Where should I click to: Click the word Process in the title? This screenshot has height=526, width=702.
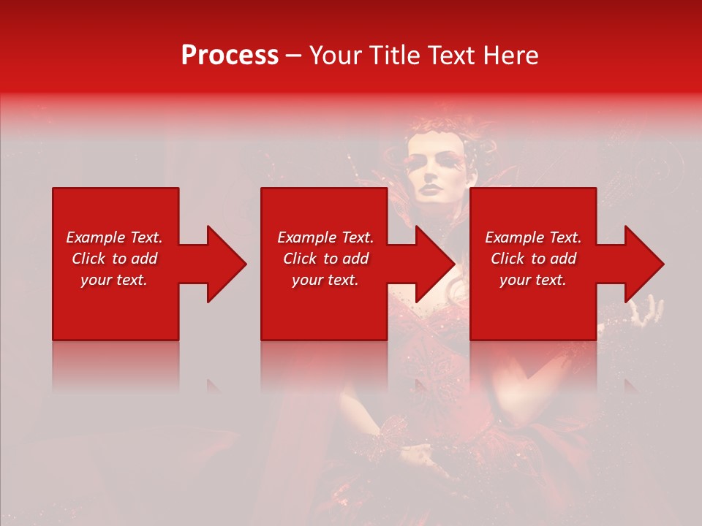(230, 56)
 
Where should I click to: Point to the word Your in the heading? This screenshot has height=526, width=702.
(337, 56)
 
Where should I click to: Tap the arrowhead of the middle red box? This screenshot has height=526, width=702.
(434, 264)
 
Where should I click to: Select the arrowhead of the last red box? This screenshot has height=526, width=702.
(643, 264)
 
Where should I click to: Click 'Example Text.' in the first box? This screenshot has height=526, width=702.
(114, 237)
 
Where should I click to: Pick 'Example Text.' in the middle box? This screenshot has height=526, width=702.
(325, 237)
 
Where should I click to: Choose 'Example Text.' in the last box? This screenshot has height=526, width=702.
(533, 237)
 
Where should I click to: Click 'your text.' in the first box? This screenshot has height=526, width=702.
(114, 280)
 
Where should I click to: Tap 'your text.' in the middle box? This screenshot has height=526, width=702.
(325, 280)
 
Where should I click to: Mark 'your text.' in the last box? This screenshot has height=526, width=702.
(533, 280)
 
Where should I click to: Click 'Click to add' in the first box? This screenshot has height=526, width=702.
(114, 259)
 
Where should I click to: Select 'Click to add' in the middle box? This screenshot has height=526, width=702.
(325, 259)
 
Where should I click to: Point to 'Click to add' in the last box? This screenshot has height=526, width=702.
(533, 259)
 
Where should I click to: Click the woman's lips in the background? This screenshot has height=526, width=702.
(431, 188)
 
